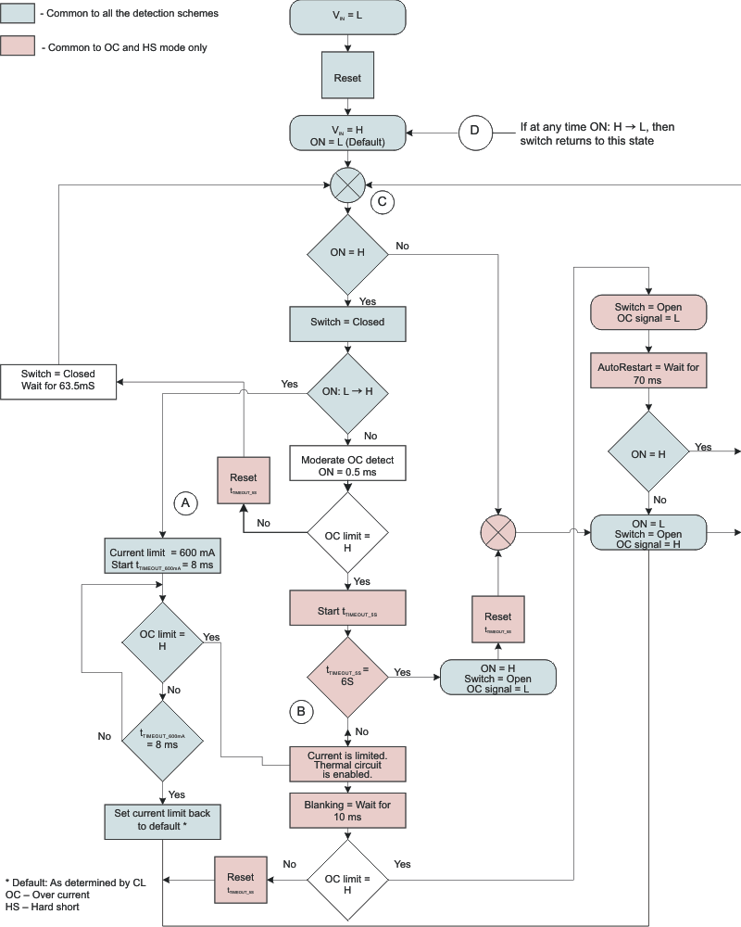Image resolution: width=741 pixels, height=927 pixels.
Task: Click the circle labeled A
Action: (x=186, y=502)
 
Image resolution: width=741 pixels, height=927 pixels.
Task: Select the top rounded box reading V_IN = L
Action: (x=347, y=18)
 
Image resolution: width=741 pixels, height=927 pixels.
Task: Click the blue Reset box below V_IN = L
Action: (x=347, y=78)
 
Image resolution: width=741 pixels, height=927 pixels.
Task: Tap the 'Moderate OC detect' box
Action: (x=347, y=465)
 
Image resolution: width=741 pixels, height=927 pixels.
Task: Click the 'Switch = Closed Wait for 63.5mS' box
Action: (x=59, y=381)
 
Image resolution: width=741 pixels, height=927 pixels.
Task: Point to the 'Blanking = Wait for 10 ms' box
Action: (x=347, y=811)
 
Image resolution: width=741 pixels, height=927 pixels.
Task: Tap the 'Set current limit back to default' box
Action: (x=163, y=819)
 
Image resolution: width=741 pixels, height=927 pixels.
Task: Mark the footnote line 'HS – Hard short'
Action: (x=42, y=908)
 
